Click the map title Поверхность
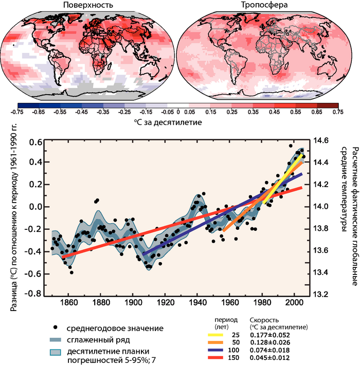[88, 6]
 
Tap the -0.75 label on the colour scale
[17, 111]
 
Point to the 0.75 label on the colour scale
[338, 111]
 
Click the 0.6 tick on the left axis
[34, 142]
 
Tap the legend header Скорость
[263, 319]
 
